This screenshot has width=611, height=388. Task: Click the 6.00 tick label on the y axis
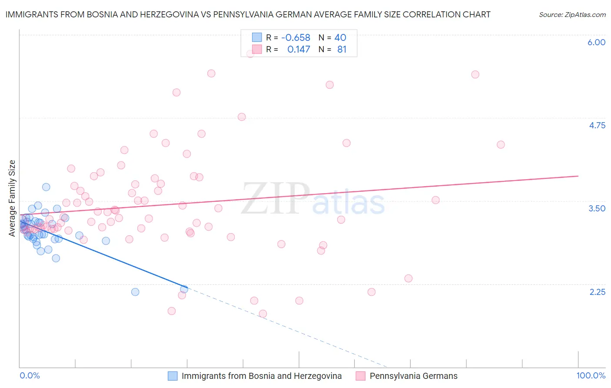click(596, 42)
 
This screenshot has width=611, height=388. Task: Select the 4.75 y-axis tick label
click(597, 125)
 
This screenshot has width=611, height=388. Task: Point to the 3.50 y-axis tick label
click(597, 208)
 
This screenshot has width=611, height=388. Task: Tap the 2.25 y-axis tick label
click(597, 291)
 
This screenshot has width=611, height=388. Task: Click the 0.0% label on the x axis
click(30, 375)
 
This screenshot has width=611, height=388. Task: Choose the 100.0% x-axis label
click(591, 375)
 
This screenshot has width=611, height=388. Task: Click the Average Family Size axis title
click(12, 198)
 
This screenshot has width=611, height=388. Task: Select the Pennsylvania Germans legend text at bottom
click(413, 376)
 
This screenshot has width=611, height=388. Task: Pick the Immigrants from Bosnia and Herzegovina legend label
click(262, 376)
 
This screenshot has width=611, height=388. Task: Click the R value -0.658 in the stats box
click(296, 37)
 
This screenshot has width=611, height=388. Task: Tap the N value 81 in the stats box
click(342, 49)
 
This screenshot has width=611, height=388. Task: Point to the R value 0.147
click(299, 49)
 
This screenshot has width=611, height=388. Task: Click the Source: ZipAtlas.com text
click(572, 14)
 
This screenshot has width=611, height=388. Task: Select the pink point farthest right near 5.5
click(475, 74)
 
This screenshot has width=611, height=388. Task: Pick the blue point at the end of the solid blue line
click(184, 289)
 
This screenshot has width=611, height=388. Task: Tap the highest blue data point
click(46, 187)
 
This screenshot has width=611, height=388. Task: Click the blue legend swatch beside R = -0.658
click(257, 37)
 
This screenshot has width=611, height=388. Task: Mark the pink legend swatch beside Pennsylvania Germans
click(360, 376)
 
